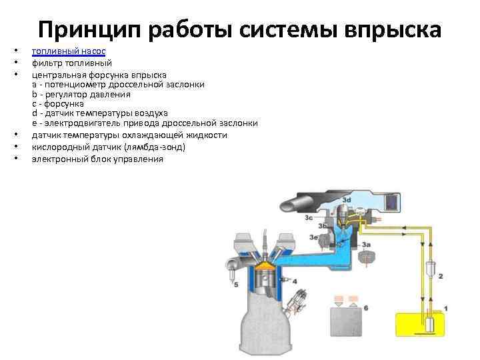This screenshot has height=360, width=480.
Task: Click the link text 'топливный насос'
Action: (x=69, y=51)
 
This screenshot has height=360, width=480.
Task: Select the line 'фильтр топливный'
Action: (x=71, y=63)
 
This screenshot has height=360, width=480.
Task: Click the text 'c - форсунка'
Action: (x=57, y=104)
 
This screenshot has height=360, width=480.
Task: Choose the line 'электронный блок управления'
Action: (x=97, y=159)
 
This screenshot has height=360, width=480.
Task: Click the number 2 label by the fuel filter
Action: (x=440, y=275)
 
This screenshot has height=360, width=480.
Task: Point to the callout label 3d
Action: (x=347, y=200)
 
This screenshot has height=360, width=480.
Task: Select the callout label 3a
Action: (x=366, y=245)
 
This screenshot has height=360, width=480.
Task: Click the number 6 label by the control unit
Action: (x=365, y=307)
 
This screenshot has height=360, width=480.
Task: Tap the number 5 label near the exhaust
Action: (x=235, y=285)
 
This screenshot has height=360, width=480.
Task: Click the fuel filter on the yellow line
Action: (x=431, y=269)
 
